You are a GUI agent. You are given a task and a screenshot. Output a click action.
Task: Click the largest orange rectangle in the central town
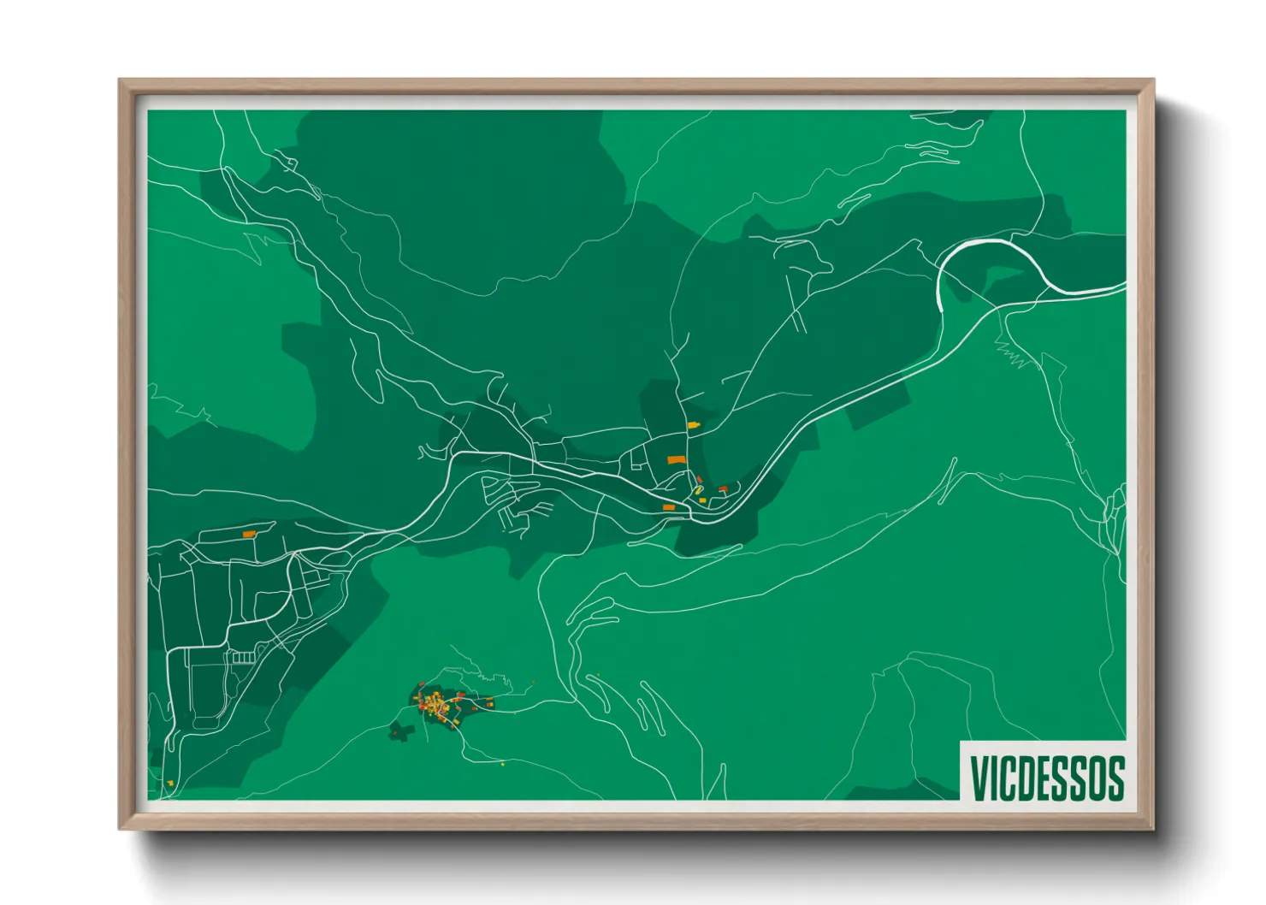point(677,460)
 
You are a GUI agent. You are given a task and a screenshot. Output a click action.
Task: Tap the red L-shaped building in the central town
point(723,488)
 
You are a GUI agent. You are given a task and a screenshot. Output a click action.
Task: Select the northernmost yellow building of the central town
point(694,424)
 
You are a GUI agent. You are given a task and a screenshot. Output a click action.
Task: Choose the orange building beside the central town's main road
point(669,507)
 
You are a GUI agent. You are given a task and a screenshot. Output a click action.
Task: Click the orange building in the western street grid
point(249,534)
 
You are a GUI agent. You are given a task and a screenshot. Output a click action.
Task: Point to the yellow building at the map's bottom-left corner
point(170,783)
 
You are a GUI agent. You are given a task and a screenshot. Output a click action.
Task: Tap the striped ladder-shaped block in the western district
point(244,657)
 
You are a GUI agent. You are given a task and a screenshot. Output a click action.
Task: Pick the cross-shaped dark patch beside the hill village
point(399,731)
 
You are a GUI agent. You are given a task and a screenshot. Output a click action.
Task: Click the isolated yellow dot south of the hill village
point(502,764)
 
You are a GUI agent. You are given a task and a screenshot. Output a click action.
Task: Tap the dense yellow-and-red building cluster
point(436,707)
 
